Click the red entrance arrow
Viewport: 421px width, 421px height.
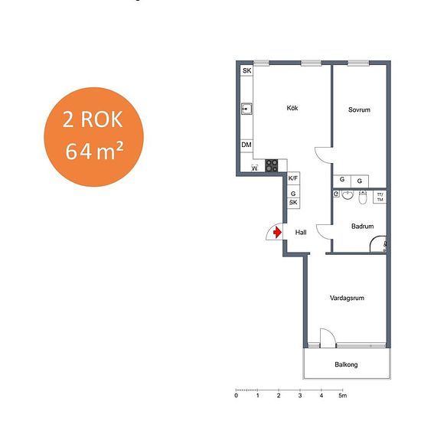[x=277, y=232]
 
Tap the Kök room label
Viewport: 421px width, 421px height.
[x=292, y=108]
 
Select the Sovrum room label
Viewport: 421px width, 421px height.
[x=359, y=109]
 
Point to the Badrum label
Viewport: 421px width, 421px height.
[x=363, y=226]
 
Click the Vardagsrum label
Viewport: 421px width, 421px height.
[x=347, y=298]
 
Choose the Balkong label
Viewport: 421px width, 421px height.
[x=346, y=364]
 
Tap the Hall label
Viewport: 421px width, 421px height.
[x=301, y=232]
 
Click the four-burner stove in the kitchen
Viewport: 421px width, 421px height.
[x=272, y=165]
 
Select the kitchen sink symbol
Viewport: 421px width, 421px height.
[x=246, y=109]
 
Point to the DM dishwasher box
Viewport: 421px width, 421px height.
[x=246, y=145]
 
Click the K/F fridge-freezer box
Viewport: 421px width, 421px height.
[x=293, y=178]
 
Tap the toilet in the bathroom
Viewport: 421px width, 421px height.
[x=363, y=197]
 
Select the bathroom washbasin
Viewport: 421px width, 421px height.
[x=348, y=195]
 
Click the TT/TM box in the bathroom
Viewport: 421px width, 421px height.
[x=380, y=197]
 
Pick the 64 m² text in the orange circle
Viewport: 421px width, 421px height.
[x=94, y=151]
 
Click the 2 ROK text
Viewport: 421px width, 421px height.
[x=93, y=119]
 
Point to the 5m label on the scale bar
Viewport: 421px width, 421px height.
[x=343, y=396]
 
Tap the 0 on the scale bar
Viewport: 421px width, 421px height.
[x=236, y=396]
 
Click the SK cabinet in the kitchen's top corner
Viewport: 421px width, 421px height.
[x=246, y=70]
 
